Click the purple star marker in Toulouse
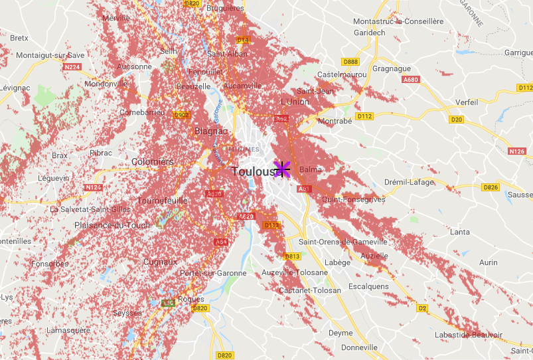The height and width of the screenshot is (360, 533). coord(282,169)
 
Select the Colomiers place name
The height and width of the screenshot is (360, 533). coord(153,161)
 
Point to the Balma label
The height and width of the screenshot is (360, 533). coord(310,170)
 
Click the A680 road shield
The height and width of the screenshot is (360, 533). coord(411,80)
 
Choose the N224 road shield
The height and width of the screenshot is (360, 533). coord(72,66)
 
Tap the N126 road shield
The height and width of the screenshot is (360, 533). coord(517,151)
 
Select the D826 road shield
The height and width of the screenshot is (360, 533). coord(491,187)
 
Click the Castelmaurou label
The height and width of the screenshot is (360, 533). coord(343,74)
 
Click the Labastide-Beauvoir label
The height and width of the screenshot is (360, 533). coord(468,335)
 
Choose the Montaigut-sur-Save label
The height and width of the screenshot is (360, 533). coord(50,55)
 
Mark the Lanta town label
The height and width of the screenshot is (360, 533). coord(459,232)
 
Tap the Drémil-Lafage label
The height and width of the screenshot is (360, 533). coord(409,182)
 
